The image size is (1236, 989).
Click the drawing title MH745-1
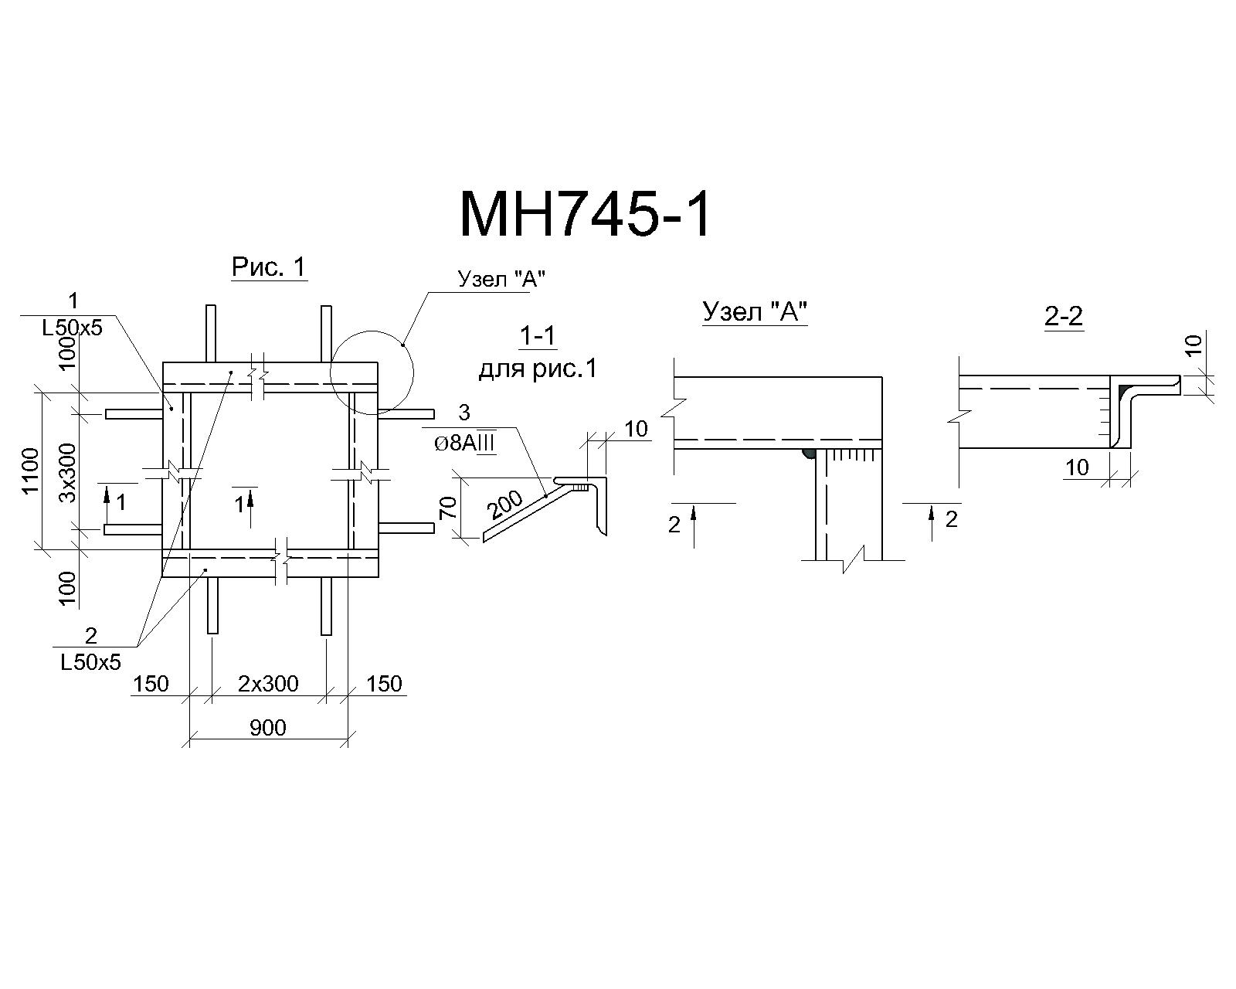[586, 215]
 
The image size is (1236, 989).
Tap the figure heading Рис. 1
[269, 267]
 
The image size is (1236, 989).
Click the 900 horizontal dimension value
[267, 728]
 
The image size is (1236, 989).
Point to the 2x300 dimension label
[268, 683]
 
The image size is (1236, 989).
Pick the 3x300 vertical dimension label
[68, 472]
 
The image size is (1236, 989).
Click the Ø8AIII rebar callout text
[465, 444]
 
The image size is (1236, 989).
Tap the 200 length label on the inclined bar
[505, 505]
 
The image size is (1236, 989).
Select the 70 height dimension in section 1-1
[447, 508]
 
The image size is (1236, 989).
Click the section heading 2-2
[1064, 316]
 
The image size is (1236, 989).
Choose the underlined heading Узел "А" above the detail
[756, 311]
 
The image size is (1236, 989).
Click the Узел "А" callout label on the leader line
[501, 279]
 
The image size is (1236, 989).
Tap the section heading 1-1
[538, 336]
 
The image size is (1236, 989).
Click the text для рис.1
[538, 369]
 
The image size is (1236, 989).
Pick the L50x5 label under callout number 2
[90, 663]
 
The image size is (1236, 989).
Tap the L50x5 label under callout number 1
[73, 328]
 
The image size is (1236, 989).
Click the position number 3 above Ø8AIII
[464, 412]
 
